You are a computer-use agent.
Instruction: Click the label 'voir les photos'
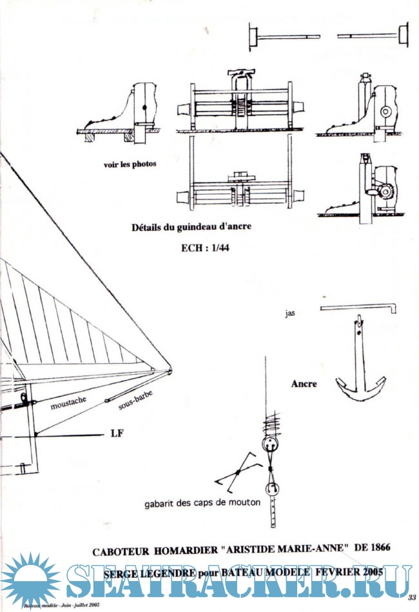click(130, 164)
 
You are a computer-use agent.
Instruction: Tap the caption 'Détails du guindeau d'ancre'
click(191, 227)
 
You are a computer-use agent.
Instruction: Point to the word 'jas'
click(289, 315)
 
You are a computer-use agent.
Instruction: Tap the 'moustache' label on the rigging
click(68, 404)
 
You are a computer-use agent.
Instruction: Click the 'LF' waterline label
click(117, 433)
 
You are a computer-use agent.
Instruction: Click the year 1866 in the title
click(375, 548)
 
